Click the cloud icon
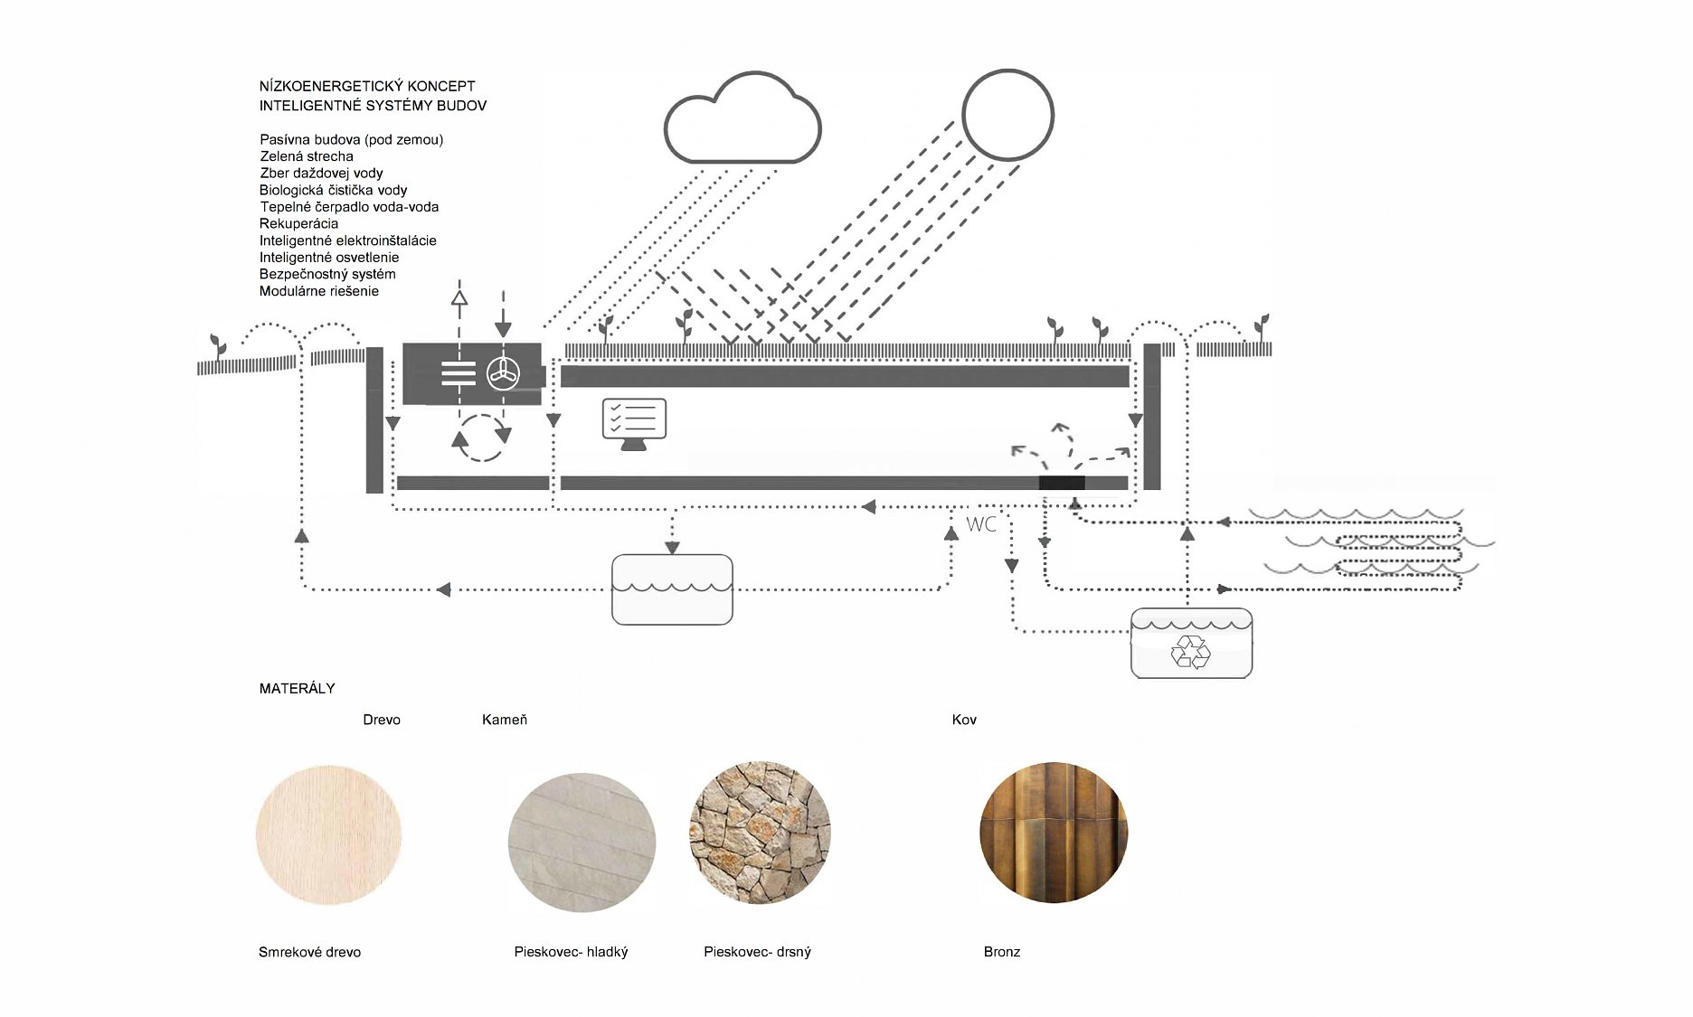click(742, 120)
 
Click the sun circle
click(1007, 115)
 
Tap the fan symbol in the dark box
click(503, 373)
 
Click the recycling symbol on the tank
click(1190, 651)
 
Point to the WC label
click(981, 524)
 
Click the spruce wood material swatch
click(328, 833)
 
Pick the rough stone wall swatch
click(760, 833)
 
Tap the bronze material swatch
click(1053, 833)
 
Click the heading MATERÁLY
click(297, 689)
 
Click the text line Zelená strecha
click(306, 156)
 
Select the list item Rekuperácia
click(298, 223)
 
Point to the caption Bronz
click(1001, 952)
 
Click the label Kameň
click(504, 720)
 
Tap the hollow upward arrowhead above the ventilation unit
click(459, 297)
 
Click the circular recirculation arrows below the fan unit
click(481, 438)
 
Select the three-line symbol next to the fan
click(459, 373)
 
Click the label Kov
click(964, 720)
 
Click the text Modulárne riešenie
click(318, 291)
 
